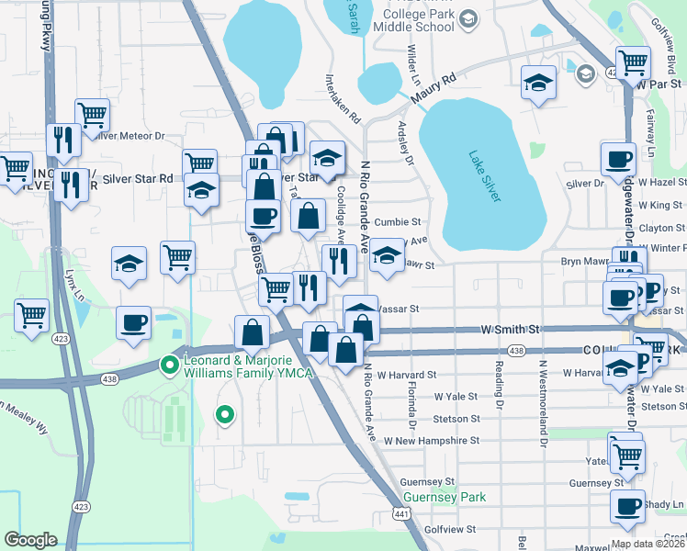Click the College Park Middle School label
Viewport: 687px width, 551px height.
click(416, 26)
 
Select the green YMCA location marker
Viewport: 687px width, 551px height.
click(169, 365)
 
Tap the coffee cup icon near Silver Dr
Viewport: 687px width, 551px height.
click(617, 158)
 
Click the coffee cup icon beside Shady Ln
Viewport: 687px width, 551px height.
click(629, 506)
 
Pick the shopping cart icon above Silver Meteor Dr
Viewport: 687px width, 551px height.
click(93, 114)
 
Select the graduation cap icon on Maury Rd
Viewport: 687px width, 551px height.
click(537, 84)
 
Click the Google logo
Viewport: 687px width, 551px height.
click(30, 540)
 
